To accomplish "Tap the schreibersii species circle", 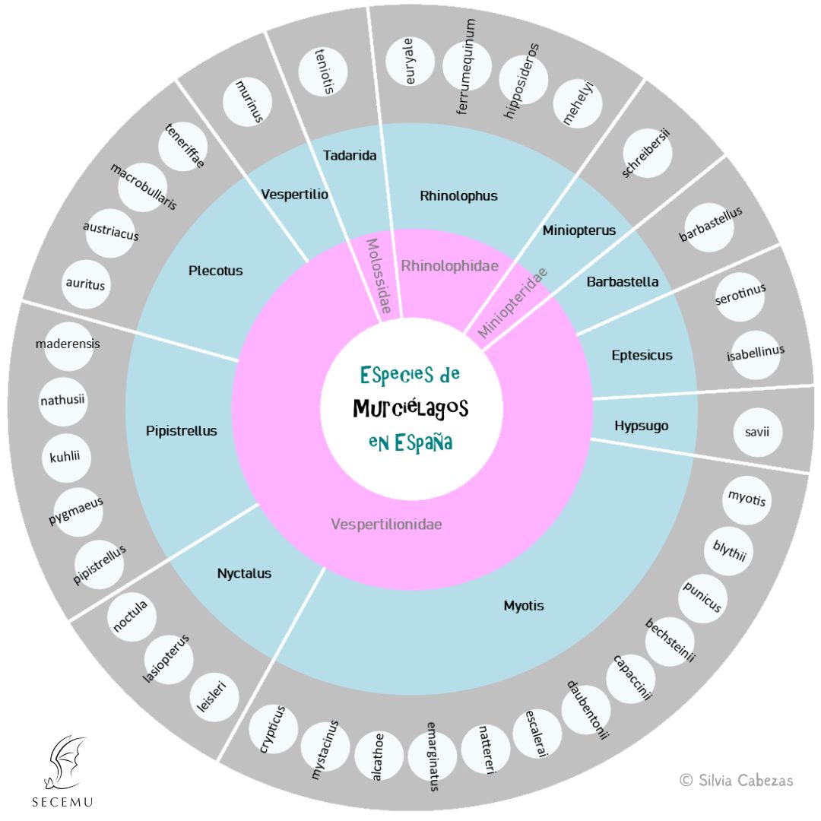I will coord(647,153).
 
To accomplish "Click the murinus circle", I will coord(248,103).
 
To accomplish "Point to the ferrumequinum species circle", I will coord(467,67).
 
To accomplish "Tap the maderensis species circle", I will coord(67,344).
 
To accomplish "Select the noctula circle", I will coord(131,616).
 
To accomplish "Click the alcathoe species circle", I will coord(379,756).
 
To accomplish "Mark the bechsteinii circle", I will coord(670,640).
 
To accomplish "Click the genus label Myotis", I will coord(524,606).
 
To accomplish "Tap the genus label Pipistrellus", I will coord(181,431).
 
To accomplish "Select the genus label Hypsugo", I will coord(641,426).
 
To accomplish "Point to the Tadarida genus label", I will coord(350,156).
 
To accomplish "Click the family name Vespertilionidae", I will coord(387,524).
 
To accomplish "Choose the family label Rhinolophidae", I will coord(449,266).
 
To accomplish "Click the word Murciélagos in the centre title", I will coord(410,409).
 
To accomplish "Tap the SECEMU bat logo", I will coord(64,768).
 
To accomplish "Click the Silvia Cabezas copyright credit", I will coord(736,781).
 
